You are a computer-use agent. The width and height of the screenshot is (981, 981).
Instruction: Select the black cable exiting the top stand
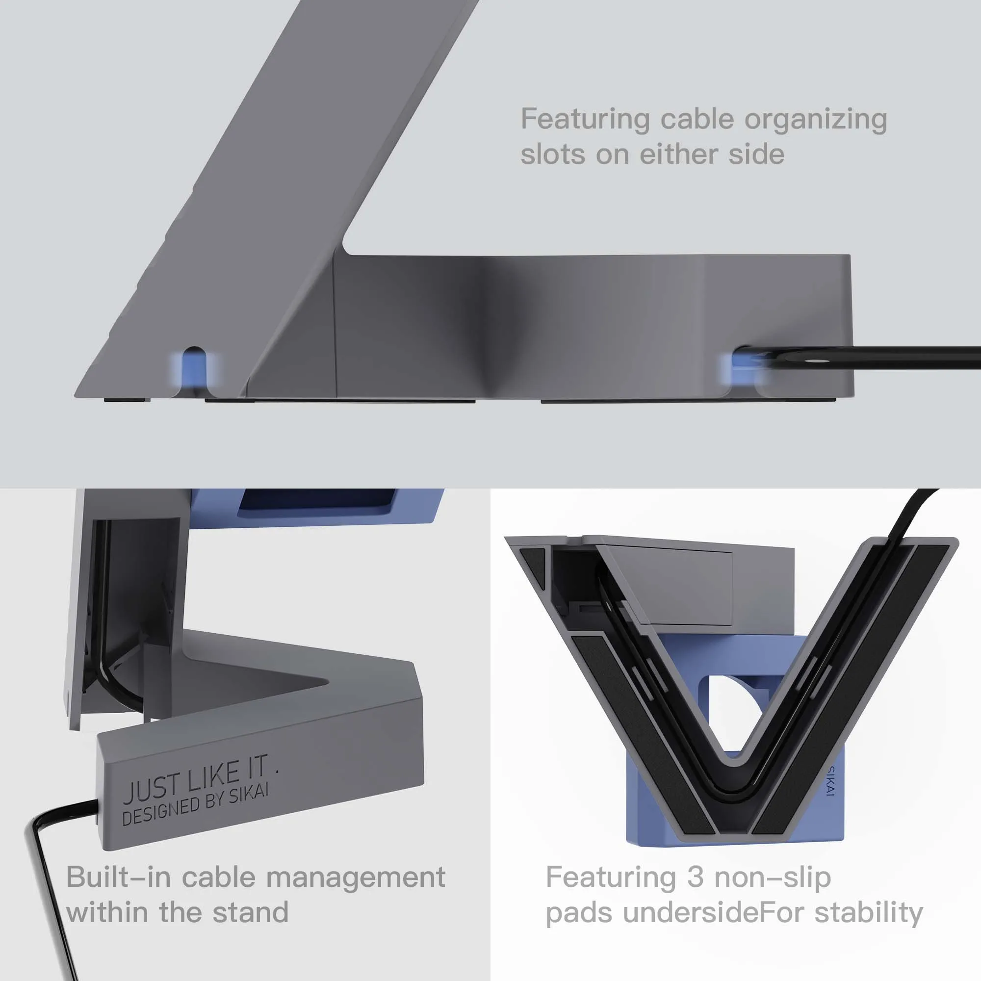[889, 354]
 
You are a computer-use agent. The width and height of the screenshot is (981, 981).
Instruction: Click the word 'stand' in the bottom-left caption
[250, 912]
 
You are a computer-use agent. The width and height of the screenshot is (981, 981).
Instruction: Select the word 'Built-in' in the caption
[118, 878]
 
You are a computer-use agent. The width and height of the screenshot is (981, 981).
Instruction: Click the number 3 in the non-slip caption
[695, 878]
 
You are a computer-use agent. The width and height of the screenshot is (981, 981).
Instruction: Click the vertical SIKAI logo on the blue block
[831, 781]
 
